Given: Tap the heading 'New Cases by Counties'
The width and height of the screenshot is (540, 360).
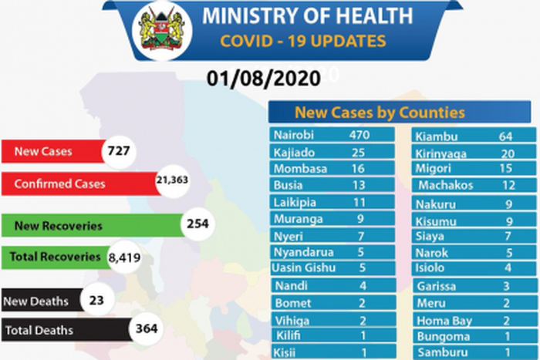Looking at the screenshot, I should coord(380,113).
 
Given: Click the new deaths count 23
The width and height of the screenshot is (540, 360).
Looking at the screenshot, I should coord(96,301).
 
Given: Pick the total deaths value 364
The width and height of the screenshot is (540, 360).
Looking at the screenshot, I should coord(146,330).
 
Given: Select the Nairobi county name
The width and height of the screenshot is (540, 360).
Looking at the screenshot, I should coord(293,135).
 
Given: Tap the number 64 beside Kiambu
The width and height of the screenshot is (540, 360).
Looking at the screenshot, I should coord(506,137).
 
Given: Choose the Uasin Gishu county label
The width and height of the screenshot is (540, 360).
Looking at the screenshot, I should coord(302,267).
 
